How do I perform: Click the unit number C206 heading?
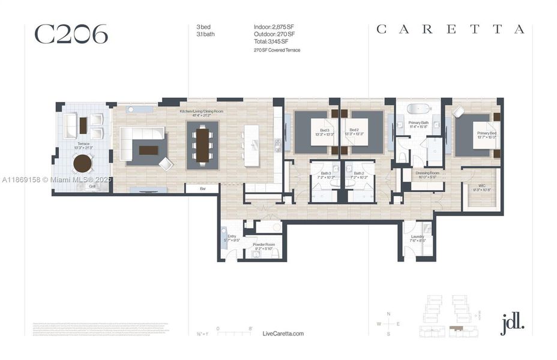coord(71,34)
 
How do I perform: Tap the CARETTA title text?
coord(450,29)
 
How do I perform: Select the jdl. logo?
coord(512,323)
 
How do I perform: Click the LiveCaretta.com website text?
coord(283,334)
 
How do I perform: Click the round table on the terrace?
coord(83,162)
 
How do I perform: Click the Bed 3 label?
coord(324,131)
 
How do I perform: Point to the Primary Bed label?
coord(486,133)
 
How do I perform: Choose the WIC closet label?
coord(481,187)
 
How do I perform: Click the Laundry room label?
coord(417,236)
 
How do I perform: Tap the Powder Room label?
coord(263,245)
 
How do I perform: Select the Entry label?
coord(232,237)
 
